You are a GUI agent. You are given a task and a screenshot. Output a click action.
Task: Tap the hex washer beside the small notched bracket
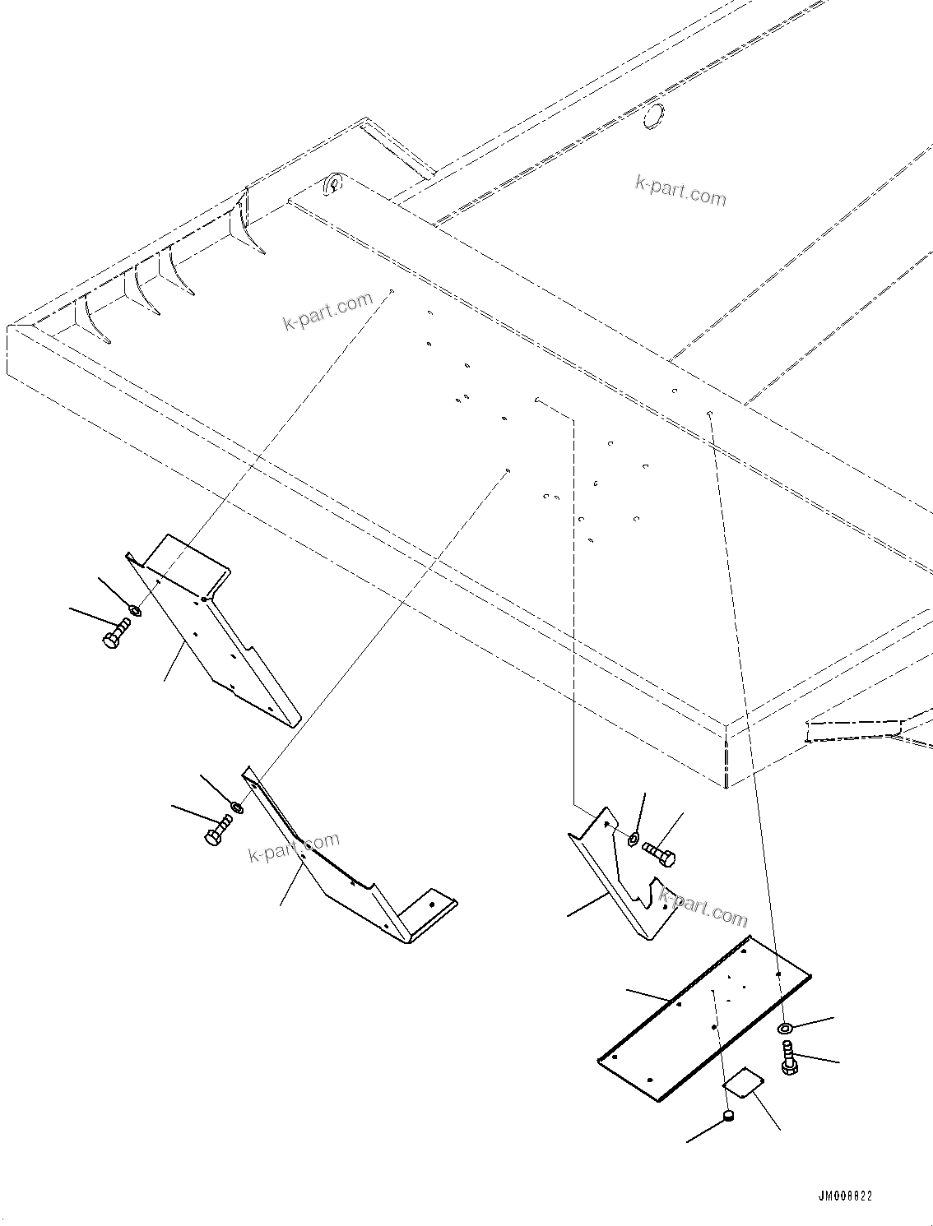click(634, 839)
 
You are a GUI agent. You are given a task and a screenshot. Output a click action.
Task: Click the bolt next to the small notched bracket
click(659, 853)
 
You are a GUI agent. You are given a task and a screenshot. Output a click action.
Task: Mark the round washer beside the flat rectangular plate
click(785, 1029)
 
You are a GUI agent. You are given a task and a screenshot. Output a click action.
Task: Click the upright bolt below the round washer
click(788, 1057)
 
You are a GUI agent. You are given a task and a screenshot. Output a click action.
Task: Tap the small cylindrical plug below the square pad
click(728, 1116)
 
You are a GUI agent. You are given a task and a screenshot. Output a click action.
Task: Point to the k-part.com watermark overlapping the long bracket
click(294, 847)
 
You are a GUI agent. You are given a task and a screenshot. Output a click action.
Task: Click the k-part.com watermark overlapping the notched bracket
click(703, 907)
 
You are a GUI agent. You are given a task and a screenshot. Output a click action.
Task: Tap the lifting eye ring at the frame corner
click(334, 184)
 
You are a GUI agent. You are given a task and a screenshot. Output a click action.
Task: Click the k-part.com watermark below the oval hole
click(680, 192)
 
